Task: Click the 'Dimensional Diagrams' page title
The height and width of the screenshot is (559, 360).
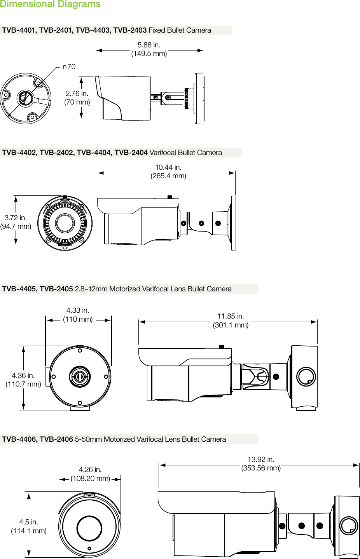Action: (50, 4)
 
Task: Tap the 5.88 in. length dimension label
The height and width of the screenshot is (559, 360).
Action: (149, 49)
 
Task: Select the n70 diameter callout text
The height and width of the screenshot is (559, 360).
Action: (69, 67)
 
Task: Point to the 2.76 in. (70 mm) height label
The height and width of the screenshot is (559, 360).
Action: (77, 98)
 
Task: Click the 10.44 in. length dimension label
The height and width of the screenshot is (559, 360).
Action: (168, 172)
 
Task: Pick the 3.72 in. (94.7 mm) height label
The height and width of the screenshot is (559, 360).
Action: (16, 222)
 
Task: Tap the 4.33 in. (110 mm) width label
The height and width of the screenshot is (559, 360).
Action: (78, 315)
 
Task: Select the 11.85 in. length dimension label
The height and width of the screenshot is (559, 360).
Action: (231, 320)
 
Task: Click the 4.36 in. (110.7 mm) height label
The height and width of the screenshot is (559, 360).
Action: (23, 380)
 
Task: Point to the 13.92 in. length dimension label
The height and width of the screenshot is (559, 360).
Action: (261, 464)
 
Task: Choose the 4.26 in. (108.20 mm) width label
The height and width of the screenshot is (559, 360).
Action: (90, 474)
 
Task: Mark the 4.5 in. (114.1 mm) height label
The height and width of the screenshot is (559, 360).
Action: (29, 526)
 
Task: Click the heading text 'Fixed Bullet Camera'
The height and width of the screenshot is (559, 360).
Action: (180, 30)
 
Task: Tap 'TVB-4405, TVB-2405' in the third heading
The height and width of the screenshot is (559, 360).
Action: (37, 289)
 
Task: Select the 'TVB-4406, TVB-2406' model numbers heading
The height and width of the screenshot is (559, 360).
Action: (37, 439)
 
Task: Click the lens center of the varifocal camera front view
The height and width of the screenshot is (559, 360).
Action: (65, 223)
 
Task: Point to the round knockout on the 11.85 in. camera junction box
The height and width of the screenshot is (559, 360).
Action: (306, 376)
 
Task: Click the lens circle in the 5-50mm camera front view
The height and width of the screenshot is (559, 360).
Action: (89, 528)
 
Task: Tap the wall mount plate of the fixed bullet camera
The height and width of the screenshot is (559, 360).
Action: (199, 99)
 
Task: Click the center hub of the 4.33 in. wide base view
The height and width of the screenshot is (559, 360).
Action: (80, 376)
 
